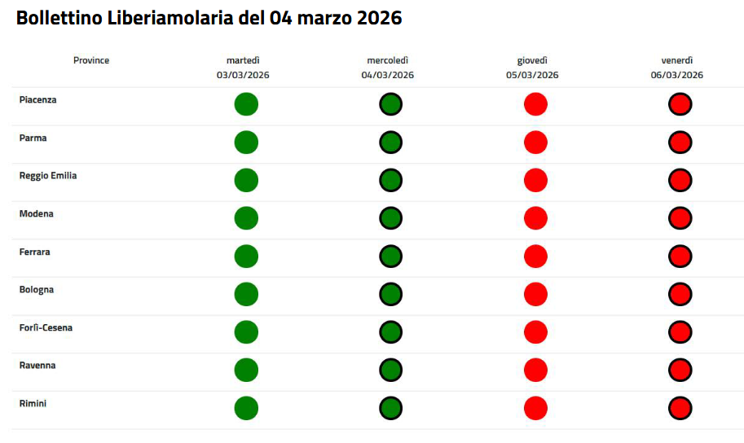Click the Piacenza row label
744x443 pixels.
(x=37, y=99)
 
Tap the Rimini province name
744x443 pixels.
(x=33, y=403)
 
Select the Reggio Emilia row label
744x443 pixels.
(x=48, y=175)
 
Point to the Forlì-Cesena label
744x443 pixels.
(x=46, y=327)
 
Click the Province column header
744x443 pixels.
(x=91, y=60)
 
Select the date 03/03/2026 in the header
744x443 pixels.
(x=243, y=75)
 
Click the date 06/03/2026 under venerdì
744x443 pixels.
(x=676, y=75)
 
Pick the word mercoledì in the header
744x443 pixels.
(x=388, y=60)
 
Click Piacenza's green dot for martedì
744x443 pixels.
(x=246, y=104)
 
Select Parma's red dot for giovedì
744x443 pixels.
(x=535, y=143)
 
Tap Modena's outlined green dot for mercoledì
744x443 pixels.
(x=391, y=218)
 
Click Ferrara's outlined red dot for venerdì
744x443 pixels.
(x=680, y=257)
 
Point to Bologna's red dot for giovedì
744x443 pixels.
(x=535, y=294)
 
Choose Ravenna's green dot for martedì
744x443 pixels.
(x=246, y=370)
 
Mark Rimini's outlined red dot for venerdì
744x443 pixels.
(x=680, y=408)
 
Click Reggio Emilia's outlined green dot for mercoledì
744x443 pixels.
(x=391, y=180)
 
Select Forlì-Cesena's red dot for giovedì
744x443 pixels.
(x=535, y=332)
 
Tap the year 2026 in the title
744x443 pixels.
(x=379, y=18)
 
